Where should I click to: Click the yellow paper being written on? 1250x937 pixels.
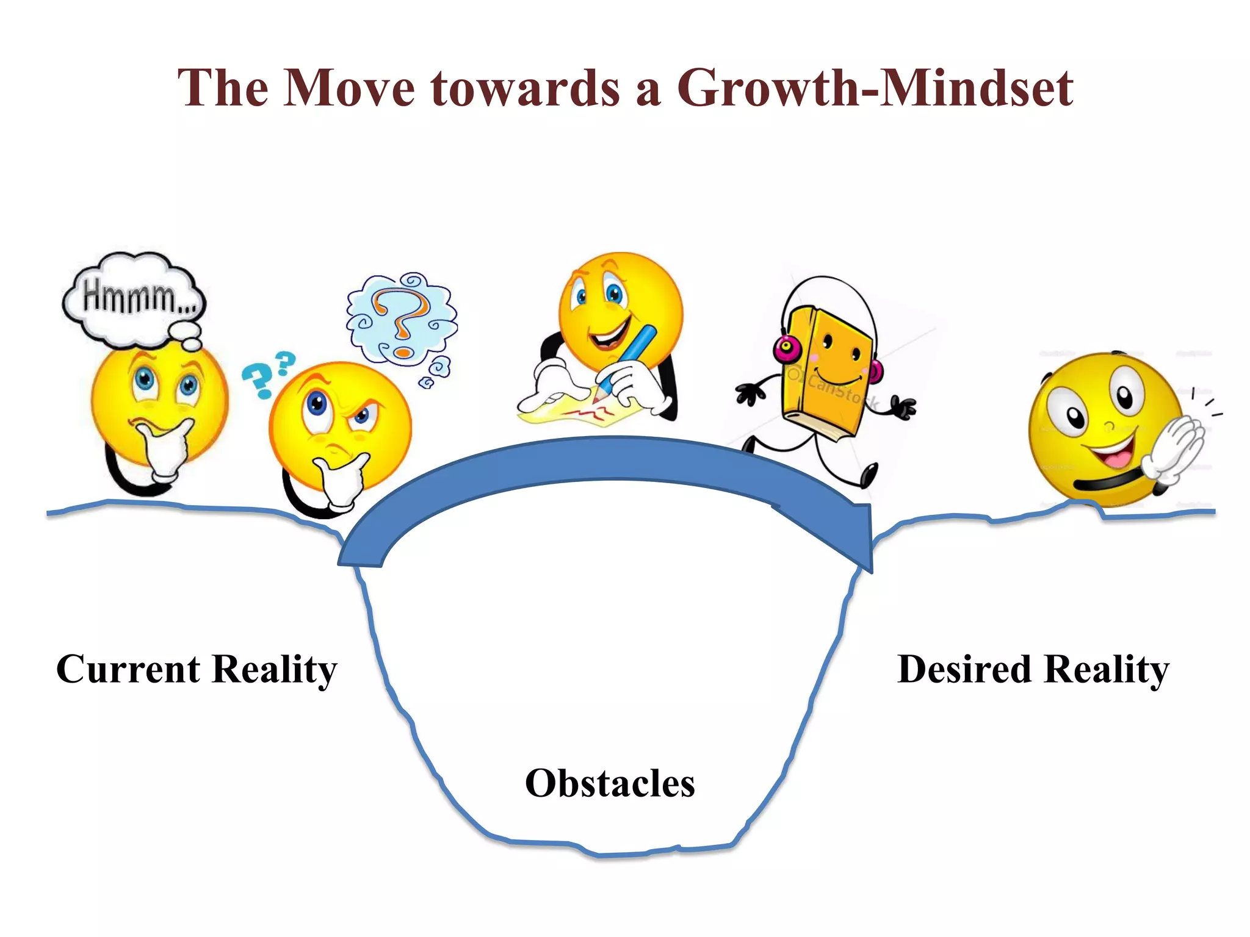pyautogui.click(x=580, y=412)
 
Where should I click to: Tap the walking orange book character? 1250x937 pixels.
pyautogui.click(x=824, y=372)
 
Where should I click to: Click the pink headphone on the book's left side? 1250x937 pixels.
pyautogui.click(x=788, y=349)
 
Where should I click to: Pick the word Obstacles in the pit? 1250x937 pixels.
pyautogui.click(x=610, y=783)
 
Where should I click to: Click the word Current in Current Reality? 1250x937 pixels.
pyautogui.click(x=128, y=669)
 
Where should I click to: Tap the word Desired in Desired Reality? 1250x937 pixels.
pyautogui.click(x=964, y=669)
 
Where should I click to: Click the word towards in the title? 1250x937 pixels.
pyautogui.click(x=525, y=88)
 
